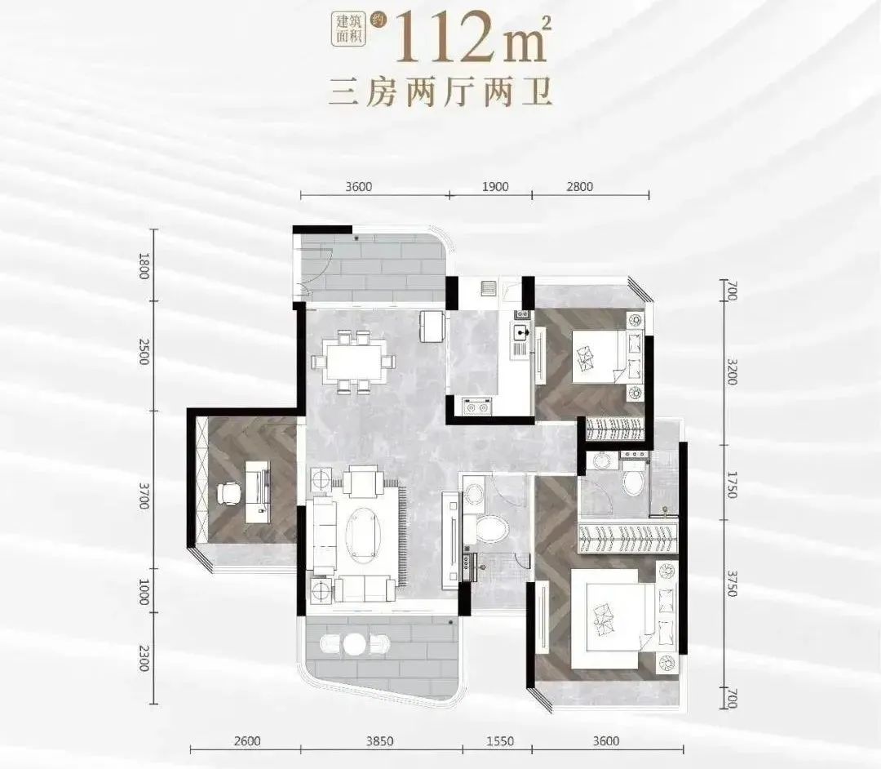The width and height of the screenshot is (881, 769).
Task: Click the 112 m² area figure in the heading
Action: (473, 37)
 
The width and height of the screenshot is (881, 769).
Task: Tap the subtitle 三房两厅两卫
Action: (440, 92)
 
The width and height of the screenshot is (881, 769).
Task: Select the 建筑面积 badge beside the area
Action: (348, 29)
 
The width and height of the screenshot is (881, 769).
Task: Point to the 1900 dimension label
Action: (495, 186)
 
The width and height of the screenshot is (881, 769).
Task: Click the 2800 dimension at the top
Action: (579, 186)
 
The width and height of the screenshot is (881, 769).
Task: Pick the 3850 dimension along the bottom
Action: (380, 741)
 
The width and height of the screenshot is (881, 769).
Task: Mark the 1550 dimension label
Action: (499, 741)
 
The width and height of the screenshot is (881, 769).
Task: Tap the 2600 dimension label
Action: (246, 741)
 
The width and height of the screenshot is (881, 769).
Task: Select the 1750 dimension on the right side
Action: (731, 484)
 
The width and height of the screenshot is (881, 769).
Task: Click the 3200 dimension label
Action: (731, 371)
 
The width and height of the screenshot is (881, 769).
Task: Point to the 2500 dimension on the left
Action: (144, 352)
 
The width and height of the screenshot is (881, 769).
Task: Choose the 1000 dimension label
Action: (144, 592)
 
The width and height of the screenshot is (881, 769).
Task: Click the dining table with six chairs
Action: (354, 362)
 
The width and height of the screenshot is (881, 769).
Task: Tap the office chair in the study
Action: (228, 494)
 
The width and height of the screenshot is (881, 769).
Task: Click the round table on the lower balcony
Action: (354, 643)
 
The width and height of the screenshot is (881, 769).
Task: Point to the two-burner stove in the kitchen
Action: (476, 406)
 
